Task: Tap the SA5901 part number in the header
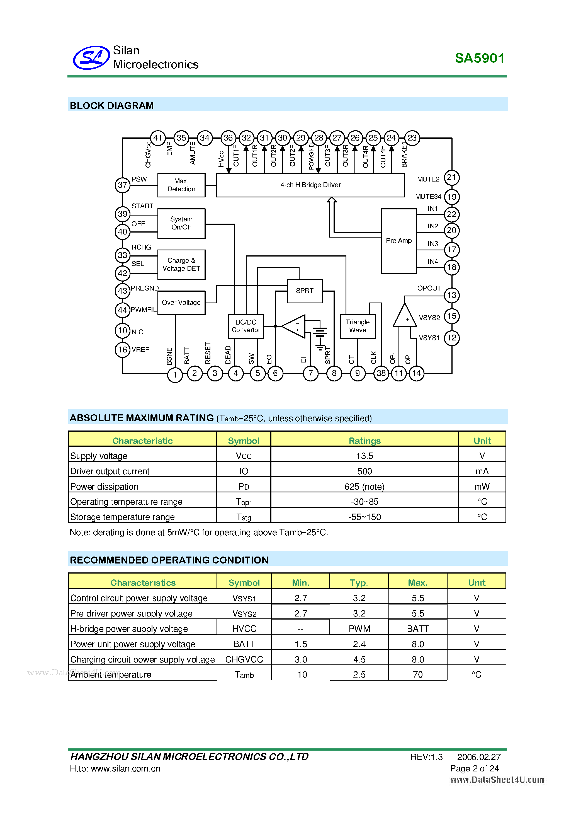480,58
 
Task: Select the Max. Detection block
181,185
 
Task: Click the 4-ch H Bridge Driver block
310,185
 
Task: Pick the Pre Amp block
399,241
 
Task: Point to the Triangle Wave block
358,326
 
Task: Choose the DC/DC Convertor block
246,326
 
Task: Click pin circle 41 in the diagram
158,138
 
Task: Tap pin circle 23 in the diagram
412,138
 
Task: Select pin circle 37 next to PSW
122,185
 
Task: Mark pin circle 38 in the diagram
381,373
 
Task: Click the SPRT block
305,291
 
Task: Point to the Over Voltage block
181,303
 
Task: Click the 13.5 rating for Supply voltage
364,456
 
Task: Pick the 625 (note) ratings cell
364,486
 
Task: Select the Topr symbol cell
244,502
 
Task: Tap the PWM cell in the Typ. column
359,629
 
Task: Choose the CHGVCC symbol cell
244,659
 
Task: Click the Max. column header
417,582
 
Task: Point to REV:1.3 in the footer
426,757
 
